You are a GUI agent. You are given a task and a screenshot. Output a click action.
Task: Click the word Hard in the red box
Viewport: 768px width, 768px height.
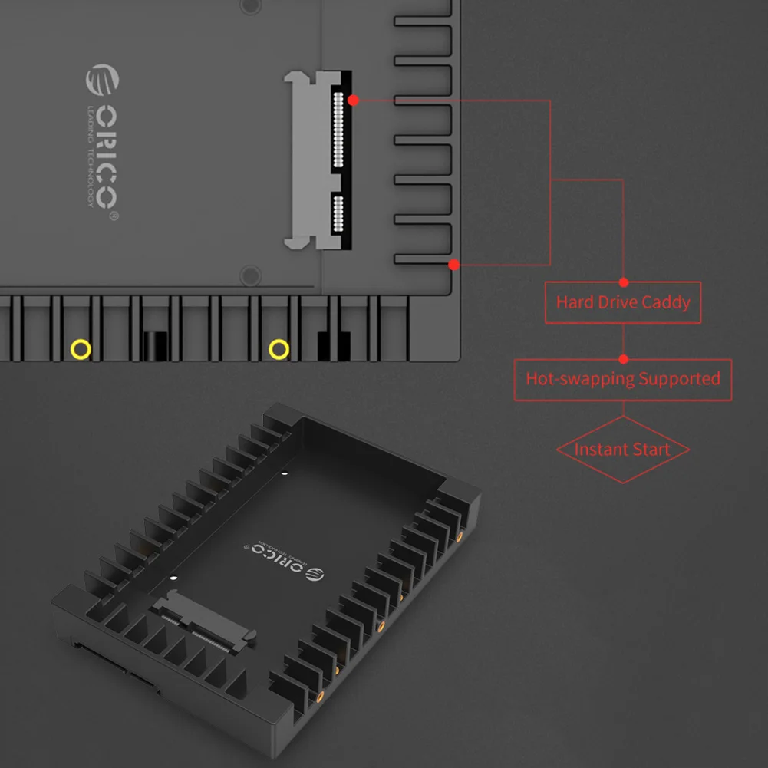pos(574,302)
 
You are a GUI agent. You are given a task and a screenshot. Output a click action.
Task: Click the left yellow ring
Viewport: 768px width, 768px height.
pos(81,350)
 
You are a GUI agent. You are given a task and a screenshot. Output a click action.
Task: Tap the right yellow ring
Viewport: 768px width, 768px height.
pos(279,350)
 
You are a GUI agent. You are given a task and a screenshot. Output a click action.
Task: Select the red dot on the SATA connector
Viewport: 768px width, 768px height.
pos(352,100)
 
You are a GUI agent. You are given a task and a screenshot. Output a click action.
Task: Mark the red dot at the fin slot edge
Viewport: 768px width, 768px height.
pos(453,265)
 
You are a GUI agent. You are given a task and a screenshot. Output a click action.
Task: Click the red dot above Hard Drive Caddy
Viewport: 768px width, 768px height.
pos(623,282)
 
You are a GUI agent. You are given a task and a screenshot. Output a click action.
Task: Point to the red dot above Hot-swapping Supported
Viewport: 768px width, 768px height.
pos(623,358)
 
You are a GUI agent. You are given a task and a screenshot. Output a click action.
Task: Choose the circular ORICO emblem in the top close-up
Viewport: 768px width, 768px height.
pos(102,81)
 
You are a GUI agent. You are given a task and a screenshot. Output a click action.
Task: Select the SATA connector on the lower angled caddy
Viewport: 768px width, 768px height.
pos(204,619)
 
